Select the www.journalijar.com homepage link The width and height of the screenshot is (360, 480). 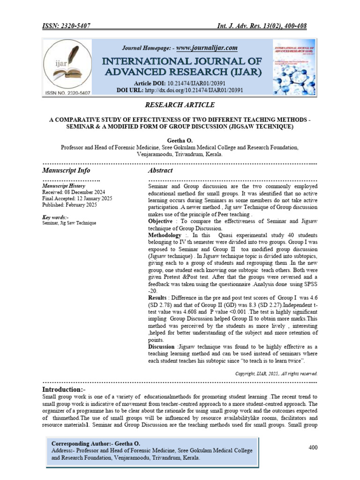207,48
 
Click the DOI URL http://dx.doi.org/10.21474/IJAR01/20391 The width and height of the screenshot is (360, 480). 194,89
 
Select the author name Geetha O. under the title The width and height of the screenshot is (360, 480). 180,140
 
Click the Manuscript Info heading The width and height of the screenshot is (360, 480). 66,170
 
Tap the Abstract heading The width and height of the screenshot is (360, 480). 160,170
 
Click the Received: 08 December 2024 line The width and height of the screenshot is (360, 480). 74,193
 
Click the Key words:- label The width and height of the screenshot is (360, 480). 55,217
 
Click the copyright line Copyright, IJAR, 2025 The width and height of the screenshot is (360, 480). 276,374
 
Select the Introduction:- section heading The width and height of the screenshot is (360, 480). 64,390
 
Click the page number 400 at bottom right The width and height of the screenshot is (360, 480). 313,448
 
